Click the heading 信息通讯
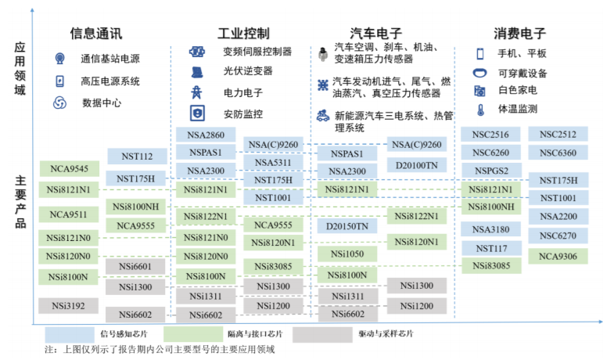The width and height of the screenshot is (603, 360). point(96,34)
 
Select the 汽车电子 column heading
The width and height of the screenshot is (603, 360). point(375,34)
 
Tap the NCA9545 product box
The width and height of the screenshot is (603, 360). point(70,169)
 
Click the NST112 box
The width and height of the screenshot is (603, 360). point(137,157)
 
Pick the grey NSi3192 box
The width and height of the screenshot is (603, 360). point(69,306)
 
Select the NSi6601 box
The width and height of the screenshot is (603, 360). point(135,267)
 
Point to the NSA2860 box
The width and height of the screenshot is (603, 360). point(206,135)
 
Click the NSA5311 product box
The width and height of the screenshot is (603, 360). point(273,163)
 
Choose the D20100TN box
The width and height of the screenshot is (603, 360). point(417,165)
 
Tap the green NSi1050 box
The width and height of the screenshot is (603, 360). point(347,254)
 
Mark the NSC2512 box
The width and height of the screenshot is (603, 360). point(558,135)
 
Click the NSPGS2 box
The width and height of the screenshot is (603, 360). point(491,171)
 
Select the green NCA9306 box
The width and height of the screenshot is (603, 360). point(558,256)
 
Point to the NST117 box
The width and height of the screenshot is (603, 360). point(491,248)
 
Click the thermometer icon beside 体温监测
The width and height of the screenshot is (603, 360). point(480,110)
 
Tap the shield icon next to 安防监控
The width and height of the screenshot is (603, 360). point(197,113)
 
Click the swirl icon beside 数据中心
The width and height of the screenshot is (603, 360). point(59,103)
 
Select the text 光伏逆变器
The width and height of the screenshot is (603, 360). point(248,70)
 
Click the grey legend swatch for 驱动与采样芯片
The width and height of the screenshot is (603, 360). point(322,335)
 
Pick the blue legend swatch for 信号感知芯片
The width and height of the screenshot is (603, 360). point(70,335)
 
